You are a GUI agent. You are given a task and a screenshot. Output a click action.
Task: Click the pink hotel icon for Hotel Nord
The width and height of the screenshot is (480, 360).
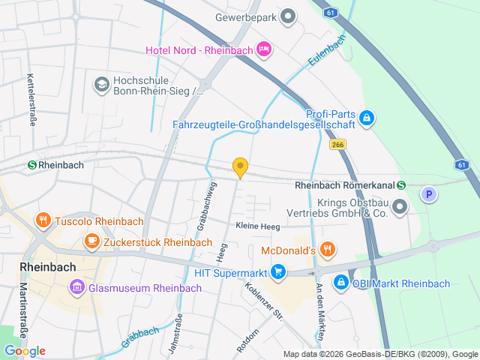coord(263,49)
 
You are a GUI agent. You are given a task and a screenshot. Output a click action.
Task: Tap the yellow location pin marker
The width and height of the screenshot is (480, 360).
coord(240,168)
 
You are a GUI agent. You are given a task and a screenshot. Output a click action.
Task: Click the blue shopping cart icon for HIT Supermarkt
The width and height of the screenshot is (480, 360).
coord(278,271)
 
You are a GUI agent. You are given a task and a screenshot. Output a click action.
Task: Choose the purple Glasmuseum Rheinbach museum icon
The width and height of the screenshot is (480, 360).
coord(76,287)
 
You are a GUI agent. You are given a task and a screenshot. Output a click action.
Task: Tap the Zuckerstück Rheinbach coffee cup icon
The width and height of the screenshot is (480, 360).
coord(92,241)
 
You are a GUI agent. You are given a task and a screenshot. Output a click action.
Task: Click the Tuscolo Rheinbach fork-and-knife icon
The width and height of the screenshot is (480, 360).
coord(43,220)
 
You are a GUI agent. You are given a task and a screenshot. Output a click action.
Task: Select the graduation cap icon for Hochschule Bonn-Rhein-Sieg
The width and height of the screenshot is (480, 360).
coord(100,84)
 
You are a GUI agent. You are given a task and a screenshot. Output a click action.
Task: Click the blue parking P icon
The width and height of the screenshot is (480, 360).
coord(428,194)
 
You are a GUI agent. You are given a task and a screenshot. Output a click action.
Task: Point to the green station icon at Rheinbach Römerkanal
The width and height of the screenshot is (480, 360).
coord(402,185)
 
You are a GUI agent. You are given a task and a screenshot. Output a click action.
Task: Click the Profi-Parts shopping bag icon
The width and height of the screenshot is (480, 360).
coord(367,117)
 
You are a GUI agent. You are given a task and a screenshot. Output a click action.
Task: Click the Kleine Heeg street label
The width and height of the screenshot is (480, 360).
coord(258,226)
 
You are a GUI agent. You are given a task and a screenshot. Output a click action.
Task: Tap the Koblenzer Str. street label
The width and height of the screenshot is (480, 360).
coord(262,300)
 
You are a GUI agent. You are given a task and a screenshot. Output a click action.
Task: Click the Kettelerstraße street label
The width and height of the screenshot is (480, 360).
coord(31,100)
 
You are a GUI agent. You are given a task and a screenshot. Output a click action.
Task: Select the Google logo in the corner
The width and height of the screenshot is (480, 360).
coord(24,351)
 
